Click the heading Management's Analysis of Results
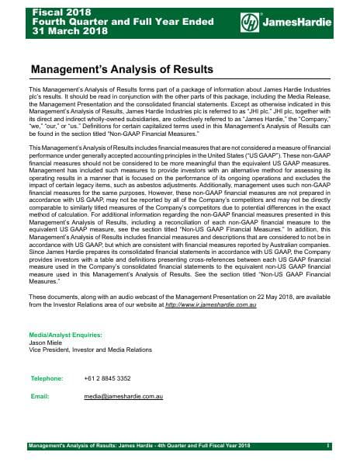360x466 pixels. coord(121,69)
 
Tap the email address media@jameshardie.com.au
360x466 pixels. coord(122,396)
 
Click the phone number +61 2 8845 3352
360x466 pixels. coord(109,378)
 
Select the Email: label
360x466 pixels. coord(40,396)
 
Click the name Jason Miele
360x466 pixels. coord(45,343)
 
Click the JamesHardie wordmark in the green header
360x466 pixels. coord(299,24)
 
